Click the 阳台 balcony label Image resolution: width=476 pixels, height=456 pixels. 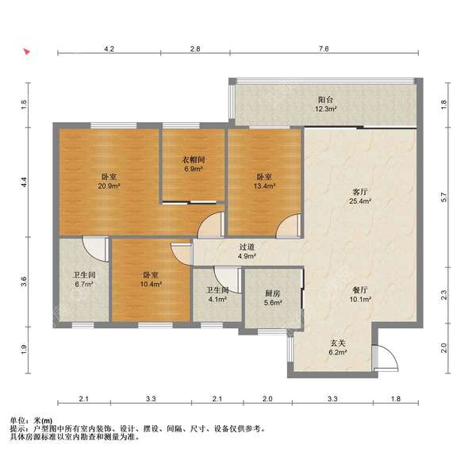click(x=326, y=99)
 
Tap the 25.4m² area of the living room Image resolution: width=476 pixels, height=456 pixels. click(x=360, y=201)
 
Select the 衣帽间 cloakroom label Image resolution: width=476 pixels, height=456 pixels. click(x=194, y=159)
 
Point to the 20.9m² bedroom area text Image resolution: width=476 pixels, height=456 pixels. click(x=109, y=186)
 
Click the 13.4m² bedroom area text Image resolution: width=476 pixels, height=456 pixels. click(x=265, y=186)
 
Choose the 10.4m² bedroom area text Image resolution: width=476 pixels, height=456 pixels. click(x=151, y=284)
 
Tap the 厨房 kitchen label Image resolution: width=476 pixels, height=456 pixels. click(x=273, y=293)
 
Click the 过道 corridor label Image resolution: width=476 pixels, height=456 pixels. click(x=247, y=247)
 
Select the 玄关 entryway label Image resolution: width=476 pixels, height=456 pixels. click(x=338, y=343)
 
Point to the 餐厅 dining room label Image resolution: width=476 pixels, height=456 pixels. click(x=360, y=290)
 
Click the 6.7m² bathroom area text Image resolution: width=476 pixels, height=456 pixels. click(x=84, y=284)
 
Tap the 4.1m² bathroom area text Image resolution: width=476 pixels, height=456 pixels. click(x=218, y=299)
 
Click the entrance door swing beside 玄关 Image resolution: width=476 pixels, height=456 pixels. click(x=386, y=358)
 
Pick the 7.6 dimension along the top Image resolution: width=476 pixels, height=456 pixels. click(x=324, y=48)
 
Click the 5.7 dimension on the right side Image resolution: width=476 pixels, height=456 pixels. click(x=443, y=197)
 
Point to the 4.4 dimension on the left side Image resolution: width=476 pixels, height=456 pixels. click(x=25, y=182)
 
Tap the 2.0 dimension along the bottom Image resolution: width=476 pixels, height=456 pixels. click(x=267, y=399)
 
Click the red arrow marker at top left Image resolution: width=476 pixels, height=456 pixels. click(x=27, y=52)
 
